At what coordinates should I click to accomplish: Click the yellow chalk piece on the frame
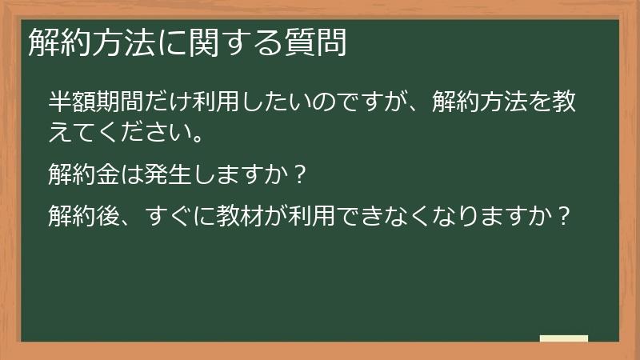click(563, 338)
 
